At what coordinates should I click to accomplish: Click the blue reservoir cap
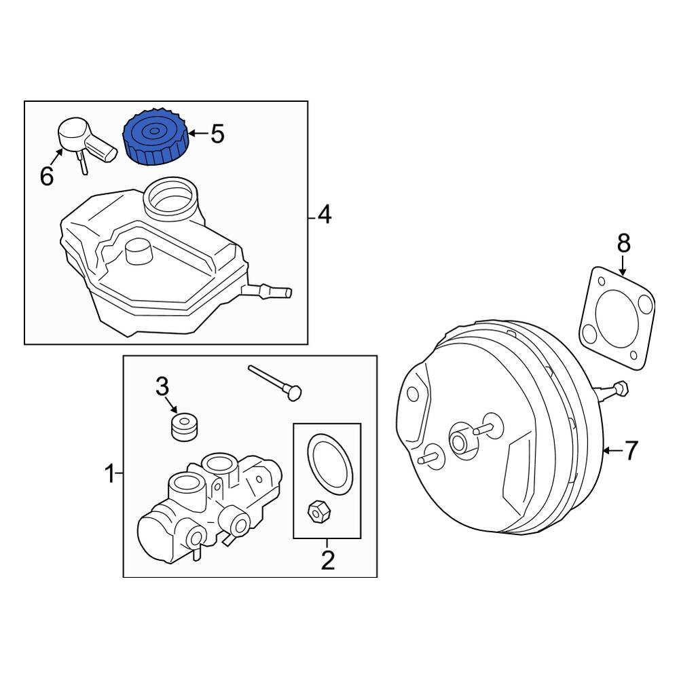[x=154, y=138]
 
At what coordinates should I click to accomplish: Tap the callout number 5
[x=217, y=134]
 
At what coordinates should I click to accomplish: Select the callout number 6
[x=46, y=177]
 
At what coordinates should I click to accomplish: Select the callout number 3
[x=162, y=387]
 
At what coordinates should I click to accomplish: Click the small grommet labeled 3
[x=183, y=426]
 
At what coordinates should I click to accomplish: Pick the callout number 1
[x=109, y=473]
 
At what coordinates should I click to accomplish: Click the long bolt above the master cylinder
[x=275, y=382]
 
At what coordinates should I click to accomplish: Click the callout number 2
[x=327, y=560]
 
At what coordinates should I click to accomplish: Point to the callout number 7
[x=631, y=450]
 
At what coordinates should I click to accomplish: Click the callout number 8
[x=623, y=242]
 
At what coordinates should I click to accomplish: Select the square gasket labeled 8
[x=618, y=319]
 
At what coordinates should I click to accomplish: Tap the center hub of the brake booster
[x=461, y=441]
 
